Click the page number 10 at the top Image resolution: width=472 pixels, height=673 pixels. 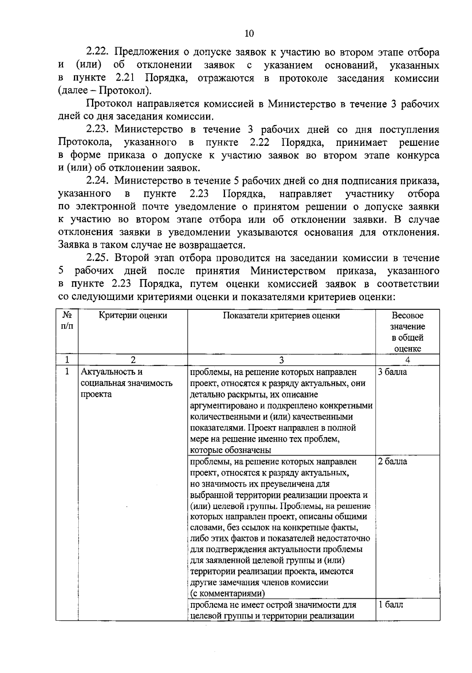pos(249,33)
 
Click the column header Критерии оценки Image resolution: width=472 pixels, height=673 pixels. pos(133,315)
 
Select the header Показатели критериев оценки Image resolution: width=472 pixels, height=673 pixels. pos(281,315)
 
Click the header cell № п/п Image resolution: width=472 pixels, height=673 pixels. pos(67,321)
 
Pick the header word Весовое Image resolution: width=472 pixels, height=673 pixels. pos(407,315)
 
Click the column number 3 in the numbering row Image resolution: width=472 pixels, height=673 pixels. pos(281,360)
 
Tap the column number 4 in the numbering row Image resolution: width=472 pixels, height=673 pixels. pos(407,360)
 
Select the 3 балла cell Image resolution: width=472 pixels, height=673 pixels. pos(393,372)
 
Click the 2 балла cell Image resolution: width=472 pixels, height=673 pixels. pos(393,462)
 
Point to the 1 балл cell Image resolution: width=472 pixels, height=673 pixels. pos(391,605)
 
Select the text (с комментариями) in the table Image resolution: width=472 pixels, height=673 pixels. pos(227,593)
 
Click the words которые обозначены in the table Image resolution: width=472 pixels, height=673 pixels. pos(230,450)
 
